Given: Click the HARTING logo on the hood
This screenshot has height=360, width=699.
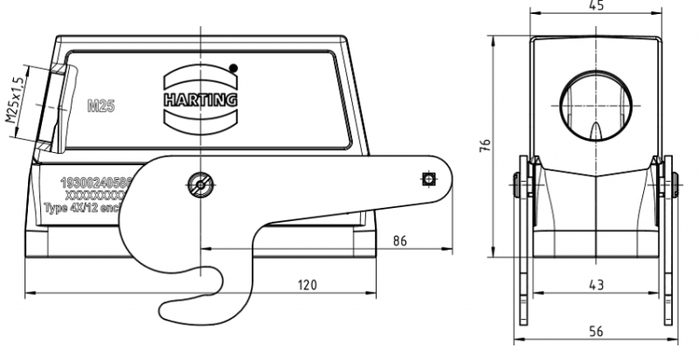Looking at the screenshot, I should pyautogui.click(x=200, y=99).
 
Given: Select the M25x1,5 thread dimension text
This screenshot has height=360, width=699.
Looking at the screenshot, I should pyautogui.click(x=15, y=104).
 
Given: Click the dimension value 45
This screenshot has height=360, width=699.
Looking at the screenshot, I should pyautogui.click(x=596, y=6).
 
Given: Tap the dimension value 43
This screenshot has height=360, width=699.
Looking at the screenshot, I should pyautogui.click(x=596, y=285).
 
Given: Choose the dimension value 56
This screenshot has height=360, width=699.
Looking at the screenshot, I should pyautogui.click(x=596, y=331).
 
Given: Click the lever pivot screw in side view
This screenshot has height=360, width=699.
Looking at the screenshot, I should pyautogui.click(x=201, y=183).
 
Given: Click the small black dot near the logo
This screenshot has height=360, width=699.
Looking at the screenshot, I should pyautogui.click(x=233, y=68).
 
